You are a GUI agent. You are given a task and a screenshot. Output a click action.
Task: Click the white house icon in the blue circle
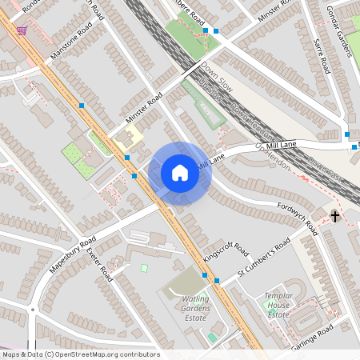pyautogui.click(x=180, y=173)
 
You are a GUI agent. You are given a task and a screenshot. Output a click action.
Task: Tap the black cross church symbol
pyautogui.click(x=335, y=216)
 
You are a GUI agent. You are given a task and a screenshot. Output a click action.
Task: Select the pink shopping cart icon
pyautogui.click(x=22, y=30)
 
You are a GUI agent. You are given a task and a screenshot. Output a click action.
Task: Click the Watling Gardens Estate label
pyautogui.click(x=190, y=307)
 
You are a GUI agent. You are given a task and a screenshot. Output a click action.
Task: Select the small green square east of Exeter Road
pyautogui.click(x=144, y=268)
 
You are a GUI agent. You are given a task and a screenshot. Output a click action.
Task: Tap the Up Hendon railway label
pyautogui.click(x=272, y=156)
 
